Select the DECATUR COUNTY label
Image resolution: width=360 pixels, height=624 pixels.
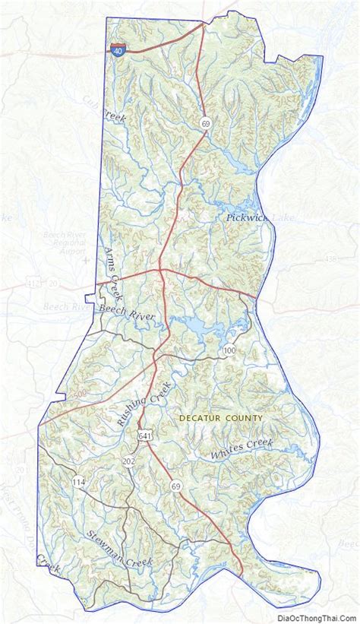tap(221, 418)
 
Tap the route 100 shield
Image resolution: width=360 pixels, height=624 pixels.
tap(230, 350)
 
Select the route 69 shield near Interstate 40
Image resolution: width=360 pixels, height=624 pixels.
tap(205, 122)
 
